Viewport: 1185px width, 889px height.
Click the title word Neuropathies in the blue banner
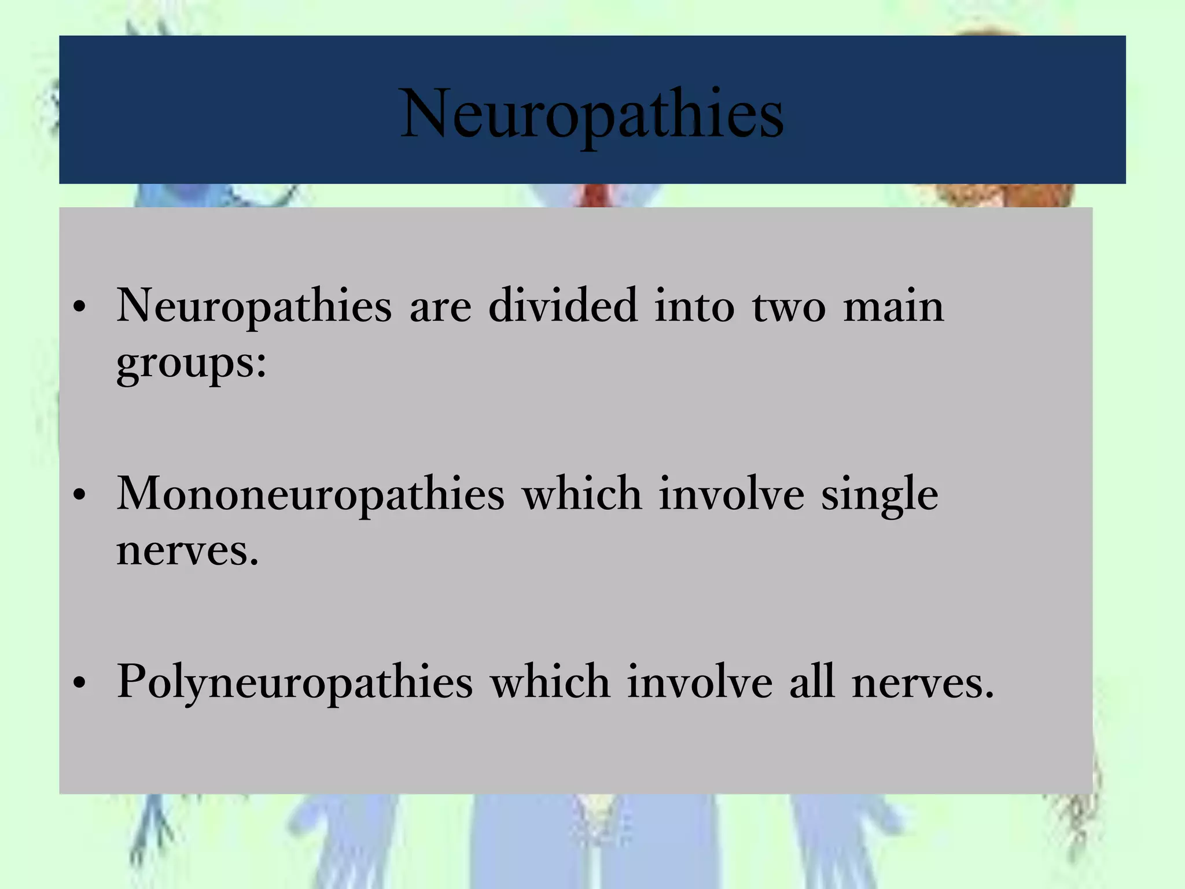pos(592,113)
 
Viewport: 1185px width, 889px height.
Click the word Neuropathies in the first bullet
pos(255,307)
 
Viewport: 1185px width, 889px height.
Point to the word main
pos(893,307)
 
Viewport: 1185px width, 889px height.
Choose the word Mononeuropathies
pos(311,495)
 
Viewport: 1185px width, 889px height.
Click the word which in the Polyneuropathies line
pos(550,682)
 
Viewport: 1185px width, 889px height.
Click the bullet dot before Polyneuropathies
pos(80,684)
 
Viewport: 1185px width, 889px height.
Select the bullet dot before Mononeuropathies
pos(80,495)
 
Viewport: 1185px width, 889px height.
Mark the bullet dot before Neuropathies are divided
pos(80,307)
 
